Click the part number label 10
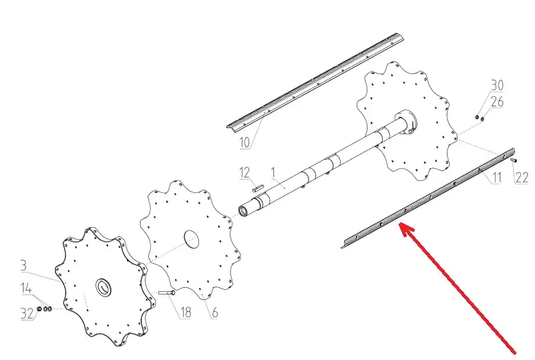pyautogui.click(x=244, y=142)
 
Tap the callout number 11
pyautogui.click(x=497, y=178)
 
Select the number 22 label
pyautogui.click(x=522, y=178)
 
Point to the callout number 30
pyautogui.click(x=497, y=85)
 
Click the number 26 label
pyautogui.click(x=497, y=102)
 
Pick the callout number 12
pyautogui.click(x=244, y=173)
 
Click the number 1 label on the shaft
pyautogui.click(x=273, y=172)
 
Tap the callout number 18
pyautogui.click(x=186, y=312)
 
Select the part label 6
pyautogui.click(x=214, y=313)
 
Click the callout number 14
pyautogui.click(x=26, y=289)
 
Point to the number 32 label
pyautogui.click(x=27, y=314)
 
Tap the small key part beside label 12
pyautogui.click(x=258, y=186)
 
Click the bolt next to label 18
pyautogui.click(x=167, y=293)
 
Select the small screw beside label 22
pyautogui.click(x=514, y=160)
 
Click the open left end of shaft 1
pyautogui.click(x=243, y=210)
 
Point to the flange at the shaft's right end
pyautogui.click(x=406, y=122)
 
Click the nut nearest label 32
pyautogui.click(x=39, y=309)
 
